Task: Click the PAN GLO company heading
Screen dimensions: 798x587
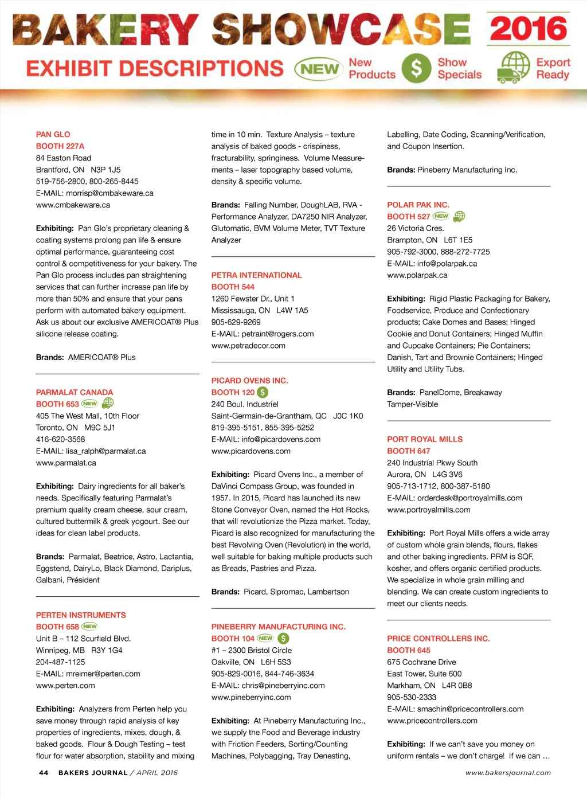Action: (53, 135)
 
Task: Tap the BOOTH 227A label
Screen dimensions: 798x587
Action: (60, 146)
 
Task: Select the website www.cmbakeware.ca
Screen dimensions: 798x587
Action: (73, 205)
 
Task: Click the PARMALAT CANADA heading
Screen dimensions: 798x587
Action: (75, 393)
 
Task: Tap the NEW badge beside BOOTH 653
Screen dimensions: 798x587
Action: (90, 404)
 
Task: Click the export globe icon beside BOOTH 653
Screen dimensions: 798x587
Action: (108, 403)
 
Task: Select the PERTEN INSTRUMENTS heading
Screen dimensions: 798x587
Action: (81, 615)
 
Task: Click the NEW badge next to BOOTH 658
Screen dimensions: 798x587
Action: (90, 627)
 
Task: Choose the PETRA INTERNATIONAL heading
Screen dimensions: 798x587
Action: (256, 275)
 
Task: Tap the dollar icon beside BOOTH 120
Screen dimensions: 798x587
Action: (263, 392)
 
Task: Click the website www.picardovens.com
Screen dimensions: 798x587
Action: (251, 451)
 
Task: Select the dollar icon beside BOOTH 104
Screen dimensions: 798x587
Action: (283, 638)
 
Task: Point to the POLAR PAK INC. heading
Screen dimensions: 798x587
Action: (418, 205)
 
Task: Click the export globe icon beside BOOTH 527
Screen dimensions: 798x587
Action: (459, 216)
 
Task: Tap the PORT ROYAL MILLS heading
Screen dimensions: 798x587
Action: (425, 439)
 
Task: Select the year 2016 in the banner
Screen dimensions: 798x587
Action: (529, 29)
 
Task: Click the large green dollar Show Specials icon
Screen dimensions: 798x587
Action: (416, 68)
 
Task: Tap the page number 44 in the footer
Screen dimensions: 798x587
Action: (44, 773)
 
